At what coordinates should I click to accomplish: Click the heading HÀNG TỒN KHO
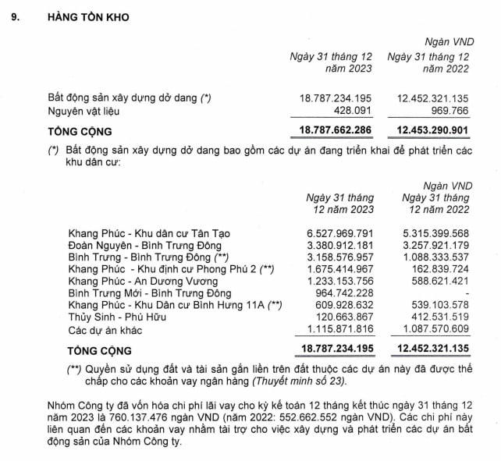tap(88, 16)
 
